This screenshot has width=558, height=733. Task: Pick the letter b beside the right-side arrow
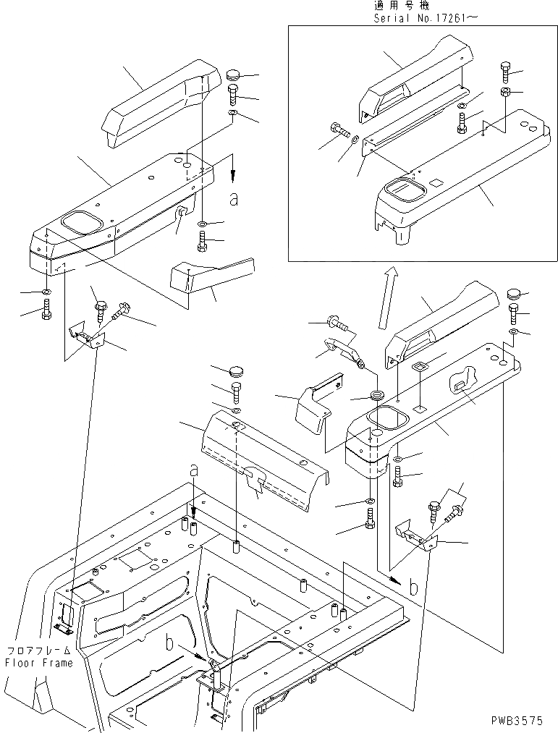pyautogui.click(x=413, y=587)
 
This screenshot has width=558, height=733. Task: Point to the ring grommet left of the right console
pyautogui.click(x=376, y=397)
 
